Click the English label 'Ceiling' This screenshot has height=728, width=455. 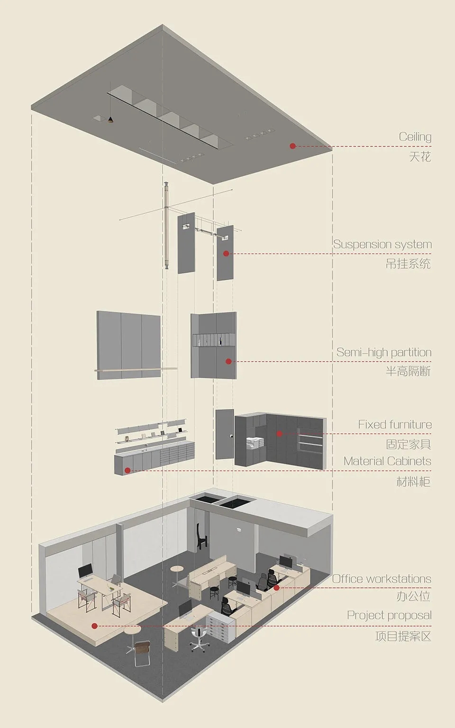415,137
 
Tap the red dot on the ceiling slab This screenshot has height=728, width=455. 292,146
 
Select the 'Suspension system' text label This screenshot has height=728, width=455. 382,245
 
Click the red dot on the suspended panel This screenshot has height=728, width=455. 226,254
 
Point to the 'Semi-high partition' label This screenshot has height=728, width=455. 384,352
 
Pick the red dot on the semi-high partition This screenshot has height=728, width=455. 228,362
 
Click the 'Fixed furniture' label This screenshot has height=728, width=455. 395,425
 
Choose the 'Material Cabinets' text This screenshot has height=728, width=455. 387,461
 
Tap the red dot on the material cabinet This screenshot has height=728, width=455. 127,470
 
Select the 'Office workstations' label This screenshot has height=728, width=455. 382,579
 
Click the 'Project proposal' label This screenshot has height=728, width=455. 389,615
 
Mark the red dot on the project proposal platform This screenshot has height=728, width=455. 95,626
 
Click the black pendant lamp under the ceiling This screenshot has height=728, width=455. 110,120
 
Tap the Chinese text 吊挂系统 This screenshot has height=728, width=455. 408,264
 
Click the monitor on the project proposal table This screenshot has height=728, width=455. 85,571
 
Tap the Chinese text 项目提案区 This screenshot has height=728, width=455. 403,636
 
